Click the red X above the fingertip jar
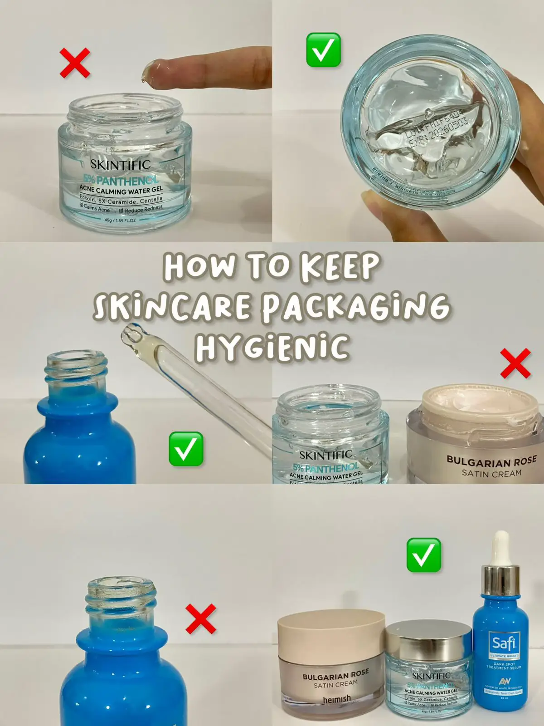75,63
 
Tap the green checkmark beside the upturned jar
323,50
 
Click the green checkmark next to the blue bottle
186,449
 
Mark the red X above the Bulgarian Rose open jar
515,363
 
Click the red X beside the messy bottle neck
201,619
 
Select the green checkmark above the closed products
423,555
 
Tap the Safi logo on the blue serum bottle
504,643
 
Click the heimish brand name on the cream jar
336,699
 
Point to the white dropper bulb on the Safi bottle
501,547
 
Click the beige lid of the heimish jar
331,633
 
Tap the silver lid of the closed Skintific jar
428,640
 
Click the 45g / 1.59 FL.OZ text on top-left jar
120,220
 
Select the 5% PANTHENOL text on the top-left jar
120,180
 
